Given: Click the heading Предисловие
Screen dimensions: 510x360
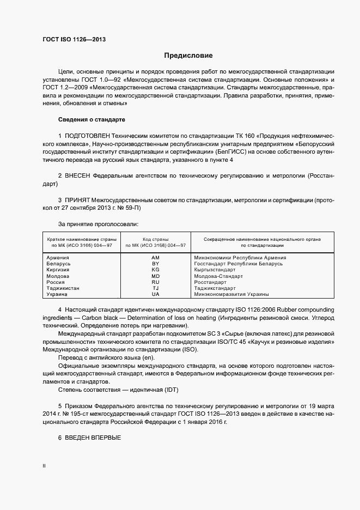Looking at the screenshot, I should (x=188, y=56).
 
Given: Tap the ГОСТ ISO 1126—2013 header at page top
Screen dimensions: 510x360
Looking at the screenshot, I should (x=74, y=39).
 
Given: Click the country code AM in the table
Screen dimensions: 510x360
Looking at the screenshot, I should (x=155, y=258).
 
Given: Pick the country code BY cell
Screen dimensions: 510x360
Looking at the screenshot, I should (x=155, y=264).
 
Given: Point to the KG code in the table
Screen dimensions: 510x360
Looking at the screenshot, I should (x=155, y=270).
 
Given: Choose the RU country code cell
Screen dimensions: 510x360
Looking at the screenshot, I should (x=155, y=282).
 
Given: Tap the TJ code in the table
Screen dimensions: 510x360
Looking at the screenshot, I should (x=155, y=288).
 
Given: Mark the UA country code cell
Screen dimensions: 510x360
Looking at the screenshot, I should (x=155, y=294).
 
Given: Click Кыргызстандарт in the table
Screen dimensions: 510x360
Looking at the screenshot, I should (x=215, y=270).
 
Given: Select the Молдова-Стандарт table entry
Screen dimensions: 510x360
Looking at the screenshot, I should (x=218, y=276).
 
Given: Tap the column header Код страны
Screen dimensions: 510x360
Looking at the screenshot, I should (x=155, y=239).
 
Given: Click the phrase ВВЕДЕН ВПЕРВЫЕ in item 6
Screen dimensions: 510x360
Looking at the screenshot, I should (x=93, y=438).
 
